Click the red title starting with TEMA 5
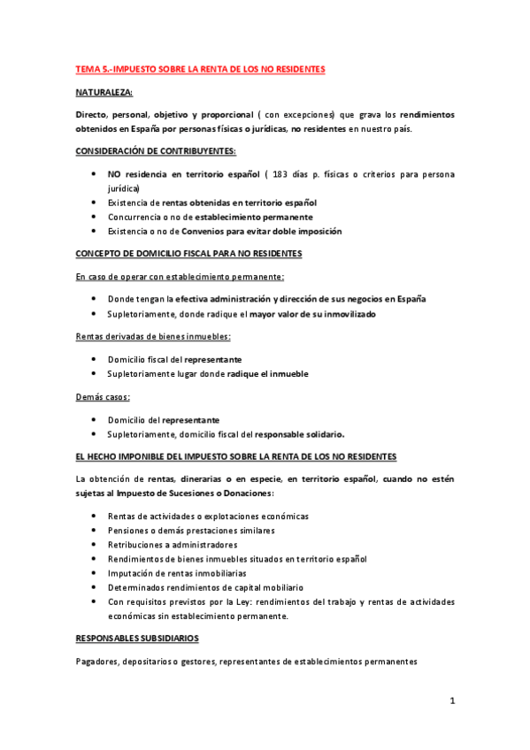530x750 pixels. click(200, 68)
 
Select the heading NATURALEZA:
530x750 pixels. click(104, 91)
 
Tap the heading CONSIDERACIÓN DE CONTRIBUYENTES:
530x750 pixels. click(155, 152)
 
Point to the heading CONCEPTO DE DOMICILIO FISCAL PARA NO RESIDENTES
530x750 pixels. click(189, 254)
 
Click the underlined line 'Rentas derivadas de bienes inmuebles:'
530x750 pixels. click(151, 337)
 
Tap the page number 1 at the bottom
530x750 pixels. click(451, 702)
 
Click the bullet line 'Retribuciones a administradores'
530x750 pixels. click(173, 545)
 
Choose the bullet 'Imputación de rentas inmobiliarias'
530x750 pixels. click(177, 573)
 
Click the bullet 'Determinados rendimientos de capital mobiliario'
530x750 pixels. click(205, 587)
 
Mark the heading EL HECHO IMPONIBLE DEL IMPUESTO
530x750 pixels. click(236, 456)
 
